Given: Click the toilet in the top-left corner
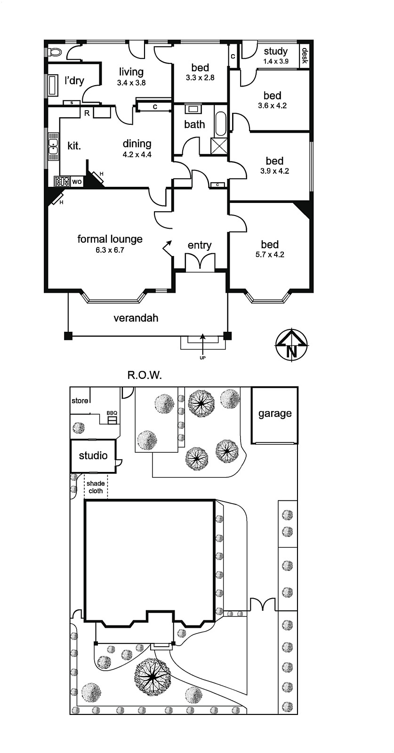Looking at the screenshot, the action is [55, 52].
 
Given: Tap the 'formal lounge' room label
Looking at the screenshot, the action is [110, 239].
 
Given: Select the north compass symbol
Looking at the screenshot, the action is [291, 345].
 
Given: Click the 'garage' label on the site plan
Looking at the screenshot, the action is [275, 414].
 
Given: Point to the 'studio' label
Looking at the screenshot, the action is [93, 456].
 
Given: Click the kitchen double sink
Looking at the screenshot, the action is [53, 146].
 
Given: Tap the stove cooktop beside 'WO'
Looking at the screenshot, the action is [62, 182].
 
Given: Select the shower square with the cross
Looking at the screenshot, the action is [220, 146].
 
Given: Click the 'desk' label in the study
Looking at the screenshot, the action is [305, 56].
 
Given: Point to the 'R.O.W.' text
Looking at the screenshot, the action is [145, 375].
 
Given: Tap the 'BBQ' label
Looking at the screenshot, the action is [112, 413].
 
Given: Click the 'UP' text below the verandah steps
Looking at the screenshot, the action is [202, 358].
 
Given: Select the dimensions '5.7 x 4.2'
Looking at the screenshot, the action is [270, 255].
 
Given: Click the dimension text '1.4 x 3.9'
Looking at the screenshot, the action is [276, 61].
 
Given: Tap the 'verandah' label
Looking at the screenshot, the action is [136, 318].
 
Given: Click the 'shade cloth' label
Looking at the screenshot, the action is [96, 487].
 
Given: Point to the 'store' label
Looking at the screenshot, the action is [80, 401].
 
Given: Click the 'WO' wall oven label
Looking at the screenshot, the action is [77, 182].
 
